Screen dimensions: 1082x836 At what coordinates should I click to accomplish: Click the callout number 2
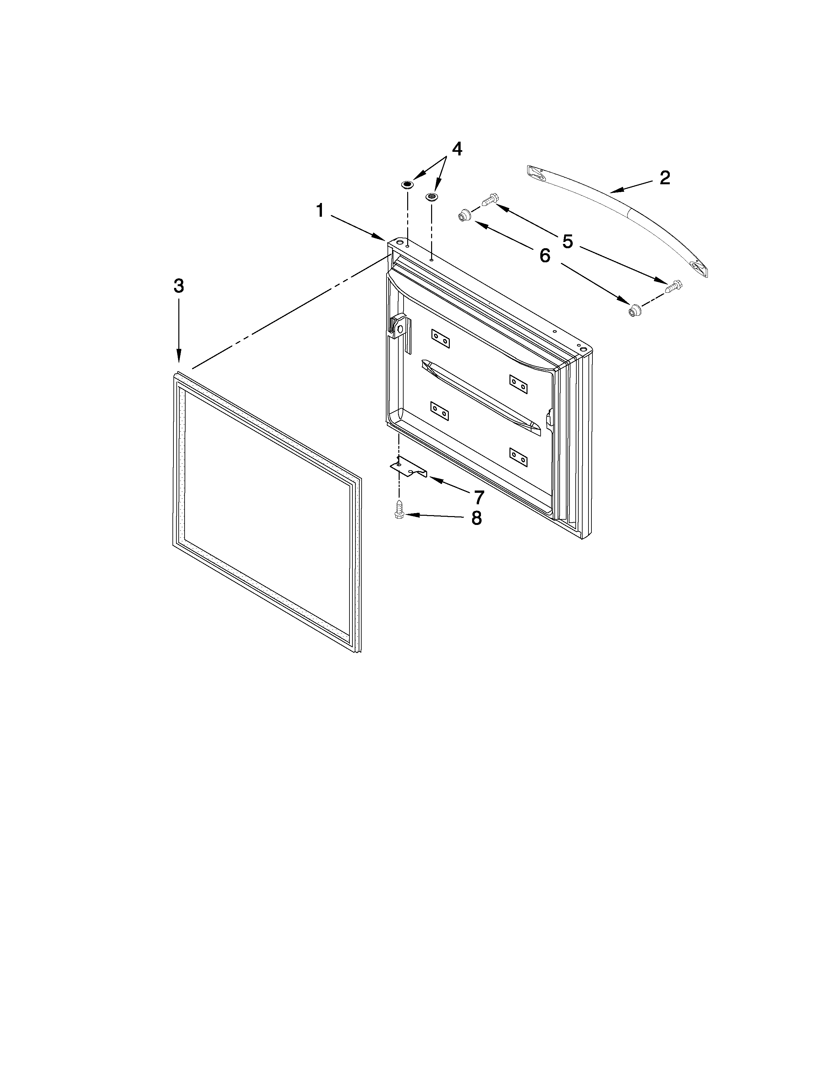(665, 178)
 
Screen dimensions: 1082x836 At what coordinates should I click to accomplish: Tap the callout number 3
(179, 286)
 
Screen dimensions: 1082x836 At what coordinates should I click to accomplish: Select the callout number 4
(457, 149)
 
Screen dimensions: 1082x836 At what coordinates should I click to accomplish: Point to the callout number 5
(567, 242)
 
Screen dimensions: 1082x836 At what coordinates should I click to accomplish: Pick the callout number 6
(545, 256)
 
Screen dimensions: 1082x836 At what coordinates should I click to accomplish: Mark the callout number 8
(476, 518)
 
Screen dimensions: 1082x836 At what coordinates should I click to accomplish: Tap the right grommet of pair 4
(432, 197)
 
